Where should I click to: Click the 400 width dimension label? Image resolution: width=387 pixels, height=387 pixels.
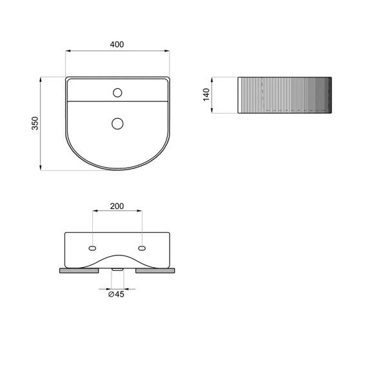click(117, 45)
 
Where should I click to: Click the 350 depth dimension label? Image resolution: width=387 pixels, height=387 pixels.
click(35, 123)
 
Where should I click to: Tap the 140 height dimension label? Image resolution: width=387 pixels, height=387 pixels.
click(206, 95)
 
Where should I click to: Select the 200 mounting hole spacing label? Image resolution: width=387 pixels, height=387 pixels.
click(117, 206)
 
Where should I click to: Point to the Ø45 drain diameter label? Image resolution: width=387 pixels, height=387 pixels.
click(116, 294)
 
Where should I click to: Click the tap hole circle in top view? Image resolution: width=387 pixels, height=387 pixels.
click(117, 93)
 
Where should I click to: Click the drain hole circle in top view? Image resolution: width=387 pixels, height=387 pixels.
click(117, 124)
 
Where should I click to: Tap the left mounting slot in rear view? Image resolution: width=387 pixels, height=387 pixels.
click(92, 248)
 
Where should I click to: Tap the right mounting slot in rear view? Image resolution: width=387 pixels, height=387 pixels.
click(142, 248)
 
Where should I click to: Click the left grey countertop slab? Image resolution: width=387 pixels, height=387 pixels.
click(79, 271)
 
